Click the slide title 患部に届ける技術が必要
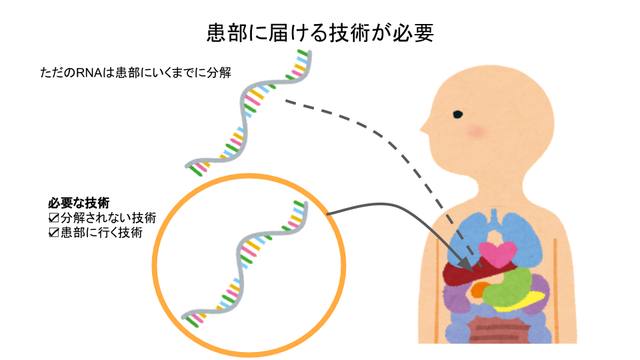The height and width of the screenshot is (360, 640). (x=320, y=33)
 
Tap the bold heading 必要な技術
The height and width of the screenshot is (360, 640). (x=79, y=203)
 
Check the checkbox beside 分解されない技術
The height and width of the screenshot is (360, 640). (x=54, y=218)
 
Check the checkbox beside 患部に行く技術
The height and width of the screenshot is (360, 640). (x=54, y=233)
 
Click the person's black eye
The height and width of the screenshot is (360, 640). (x=458, y=114)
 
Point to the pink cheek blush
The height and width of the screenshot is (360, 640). (x=477, y=131)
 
